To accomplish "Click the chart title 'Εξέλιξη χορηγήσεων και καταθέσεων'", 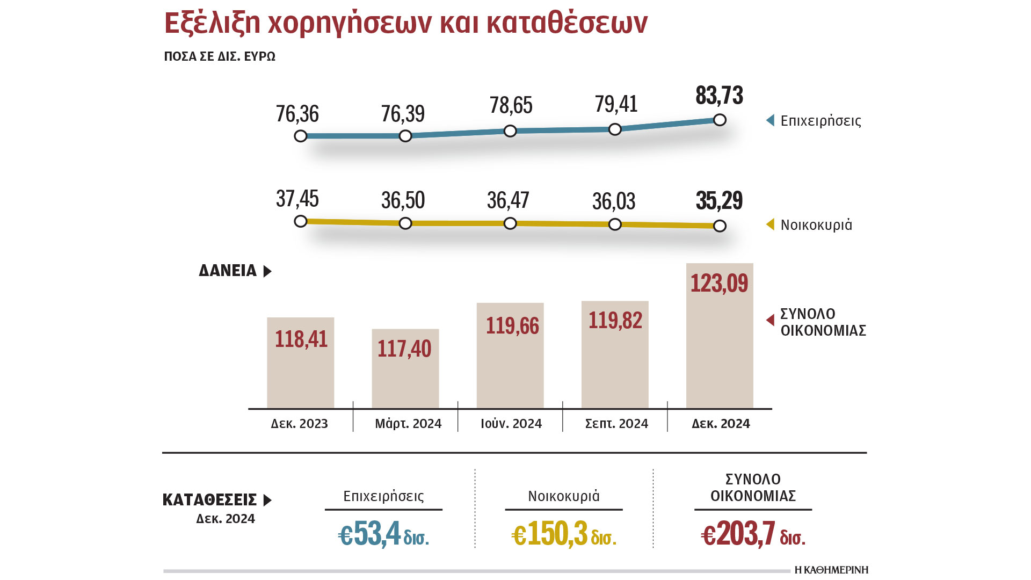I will pos(406,24).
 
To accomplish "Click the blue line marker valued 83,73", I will pos(720,120).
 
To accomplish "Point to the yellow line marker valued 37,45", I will pos(301,221).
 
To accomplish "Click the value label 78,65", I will pos(511,106).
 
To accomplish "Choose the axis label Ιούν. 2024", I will pos(511,424).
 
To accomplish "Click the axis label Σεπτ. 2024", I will pos(616,424).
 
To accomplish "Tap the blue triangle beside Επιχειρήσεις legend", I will pos(771,120).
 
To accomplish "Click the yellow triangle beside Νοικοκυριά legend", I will pos(771,224).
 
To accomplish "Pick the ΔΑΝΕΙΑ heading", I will pos(228,271).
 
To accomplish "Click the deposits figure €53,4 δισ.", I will pos(383,535).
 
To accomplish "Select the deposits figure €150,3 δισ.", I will pos(564,535).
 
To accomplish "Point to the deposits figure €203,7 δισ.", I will pos(753,535).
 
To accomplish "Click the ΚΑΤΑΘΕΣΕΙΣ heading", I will pos(210,500).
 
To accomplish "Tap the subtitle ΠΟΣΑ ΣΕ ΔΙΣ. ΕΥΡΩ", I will pos(220,57).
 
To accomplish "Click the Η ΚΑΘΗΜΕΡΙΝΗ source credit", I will pos(831,570).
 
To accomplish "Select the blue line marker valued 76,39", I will pos(405,136).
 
